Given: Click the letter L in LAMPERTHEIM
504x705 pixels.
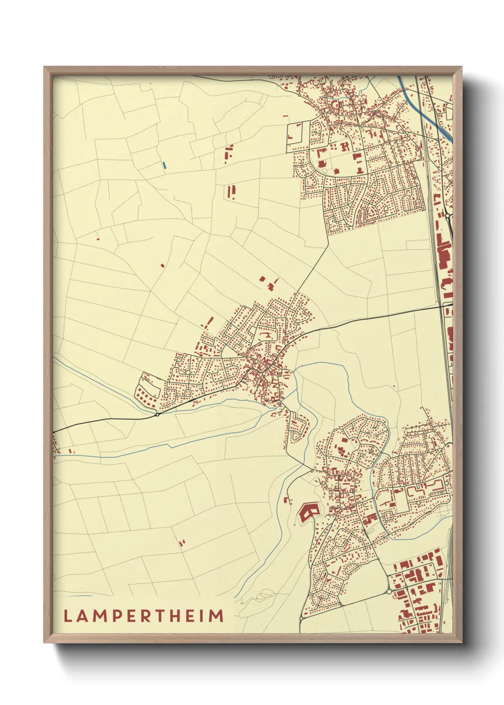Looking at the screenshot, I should click(x=67, y=616).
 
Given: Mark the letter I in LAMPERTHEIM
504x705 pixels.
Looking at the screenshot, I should click(x=201, y=616).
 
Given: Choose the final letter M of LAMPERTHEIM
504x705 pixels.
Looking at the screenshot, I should click(x=216, y=616).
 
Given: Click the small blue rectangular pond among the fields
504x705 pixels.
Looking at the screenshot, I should click(x=164, y=165).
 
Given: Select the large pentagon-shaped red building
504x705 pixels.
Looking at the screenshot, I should click(x=308, y=513).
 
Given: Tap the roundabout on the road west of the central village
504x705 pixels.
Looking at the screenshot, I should click(x=157, y=414).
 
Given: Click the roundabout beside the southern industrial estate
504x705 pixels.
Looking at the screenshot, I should click(x=389, y=591).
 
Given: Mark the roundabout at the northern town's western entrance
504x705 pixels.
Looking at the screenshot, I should click(x=299, y=94).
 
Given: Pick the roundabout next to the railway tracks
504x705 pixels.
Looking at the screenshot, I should click(x=447, y=216).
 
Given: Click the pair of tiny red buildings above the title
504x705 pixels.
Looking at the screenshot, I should click(x=181, y=542).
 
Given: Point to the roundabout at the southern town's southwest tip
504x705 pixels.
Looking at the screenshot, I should click(x=302, y=618).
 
